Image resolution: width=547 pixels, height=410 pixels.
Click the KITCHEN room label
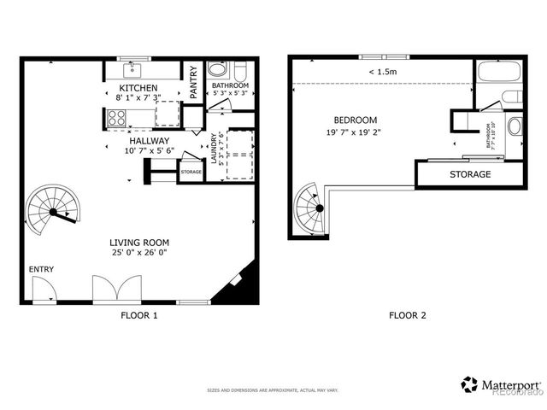pyautogui.click(x=137, y=88)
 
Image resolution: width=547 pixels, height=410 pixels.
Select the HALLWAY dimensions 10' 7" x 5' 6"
pyautogui.click(x=150, y=150)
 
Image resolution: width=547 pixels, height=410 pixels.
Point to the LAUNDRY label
pyautogui.click(x=214, y=149)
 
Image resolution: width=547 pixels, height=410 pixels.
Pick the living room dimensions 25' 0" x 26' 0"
pyautogui.click(x=138, y=252)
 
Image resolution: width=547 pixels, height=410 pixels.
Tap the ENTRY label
pyautogui.click(x=41, y=270)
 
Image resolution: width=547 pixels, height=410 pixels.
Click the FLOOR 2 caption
pyautogui.click(x=407, y=315)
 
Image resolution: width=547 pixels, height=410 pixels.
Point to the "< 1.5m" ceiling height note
pyautogui.click(x=382, y=72)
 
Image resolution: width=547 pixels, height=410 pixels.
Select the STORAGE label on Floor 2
pyautogui.click(x=470, y=174)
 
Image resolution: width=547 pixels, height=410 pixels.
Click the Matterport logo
pyautogui.click(x=500, y=384)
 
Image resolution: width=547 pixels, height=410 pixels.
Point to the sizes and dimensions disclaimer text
pyautogui.click(x=273, y=390)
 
